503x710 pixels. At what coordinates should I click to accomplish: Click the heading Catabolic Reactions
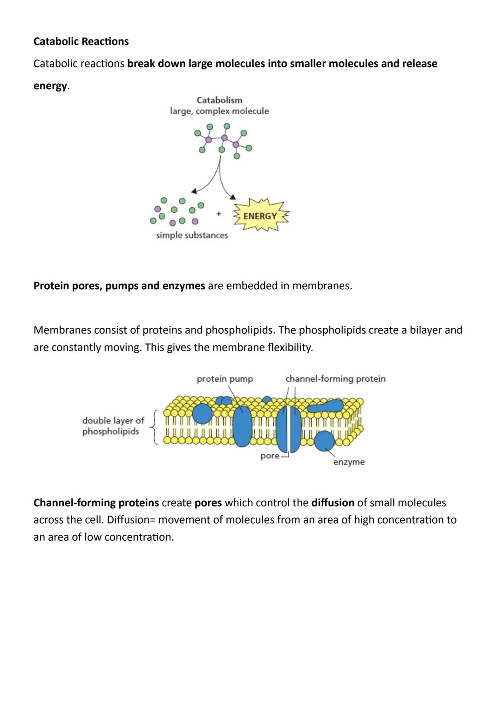click(x=81, y=41)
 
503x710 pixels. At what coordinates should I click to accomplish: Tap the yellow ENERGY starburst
click(x=260, y=216)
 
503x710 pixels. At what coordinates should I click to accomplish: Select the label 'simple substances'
click(x=192, y=235)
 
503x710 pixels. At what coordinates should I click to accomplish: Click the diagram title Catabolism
click(x=219, y=100)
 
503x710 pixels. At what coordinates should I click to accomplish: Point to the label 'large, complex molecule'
click(x=219, y=111)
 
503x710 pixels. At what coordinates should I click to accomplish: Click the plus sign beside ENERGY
click(x=218, y=214)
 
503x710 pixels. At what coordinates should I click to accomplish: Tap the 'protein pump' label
click(x=225, y=379)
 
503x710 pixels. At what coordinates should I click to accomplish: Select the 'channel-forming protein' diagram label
click(x=335, y=379)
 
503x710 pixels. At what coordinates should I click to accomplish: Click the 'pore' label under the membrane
click(x=270, y=456)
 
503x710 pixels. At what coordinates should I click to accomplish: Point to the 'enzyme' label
click(x=349, y=462)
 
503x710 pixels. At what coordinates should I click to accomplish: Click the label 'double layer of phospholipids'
click(x=113, y=426)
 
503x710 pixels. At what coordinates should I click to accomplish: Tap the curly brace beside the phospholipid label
click(x=155, y=427)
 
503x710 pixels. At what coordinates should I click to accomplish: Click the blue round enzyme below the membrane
click(x=324, y=440)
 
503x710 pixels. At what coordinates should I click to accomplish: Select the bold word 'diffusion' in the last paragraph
click(x=333, y=503)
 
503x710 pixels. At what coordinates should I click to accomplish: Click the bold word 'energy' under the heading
click(x=50, y=86)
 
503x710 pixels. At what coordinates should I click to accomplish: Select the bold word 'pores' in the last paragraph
click(x=208, y=503)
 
